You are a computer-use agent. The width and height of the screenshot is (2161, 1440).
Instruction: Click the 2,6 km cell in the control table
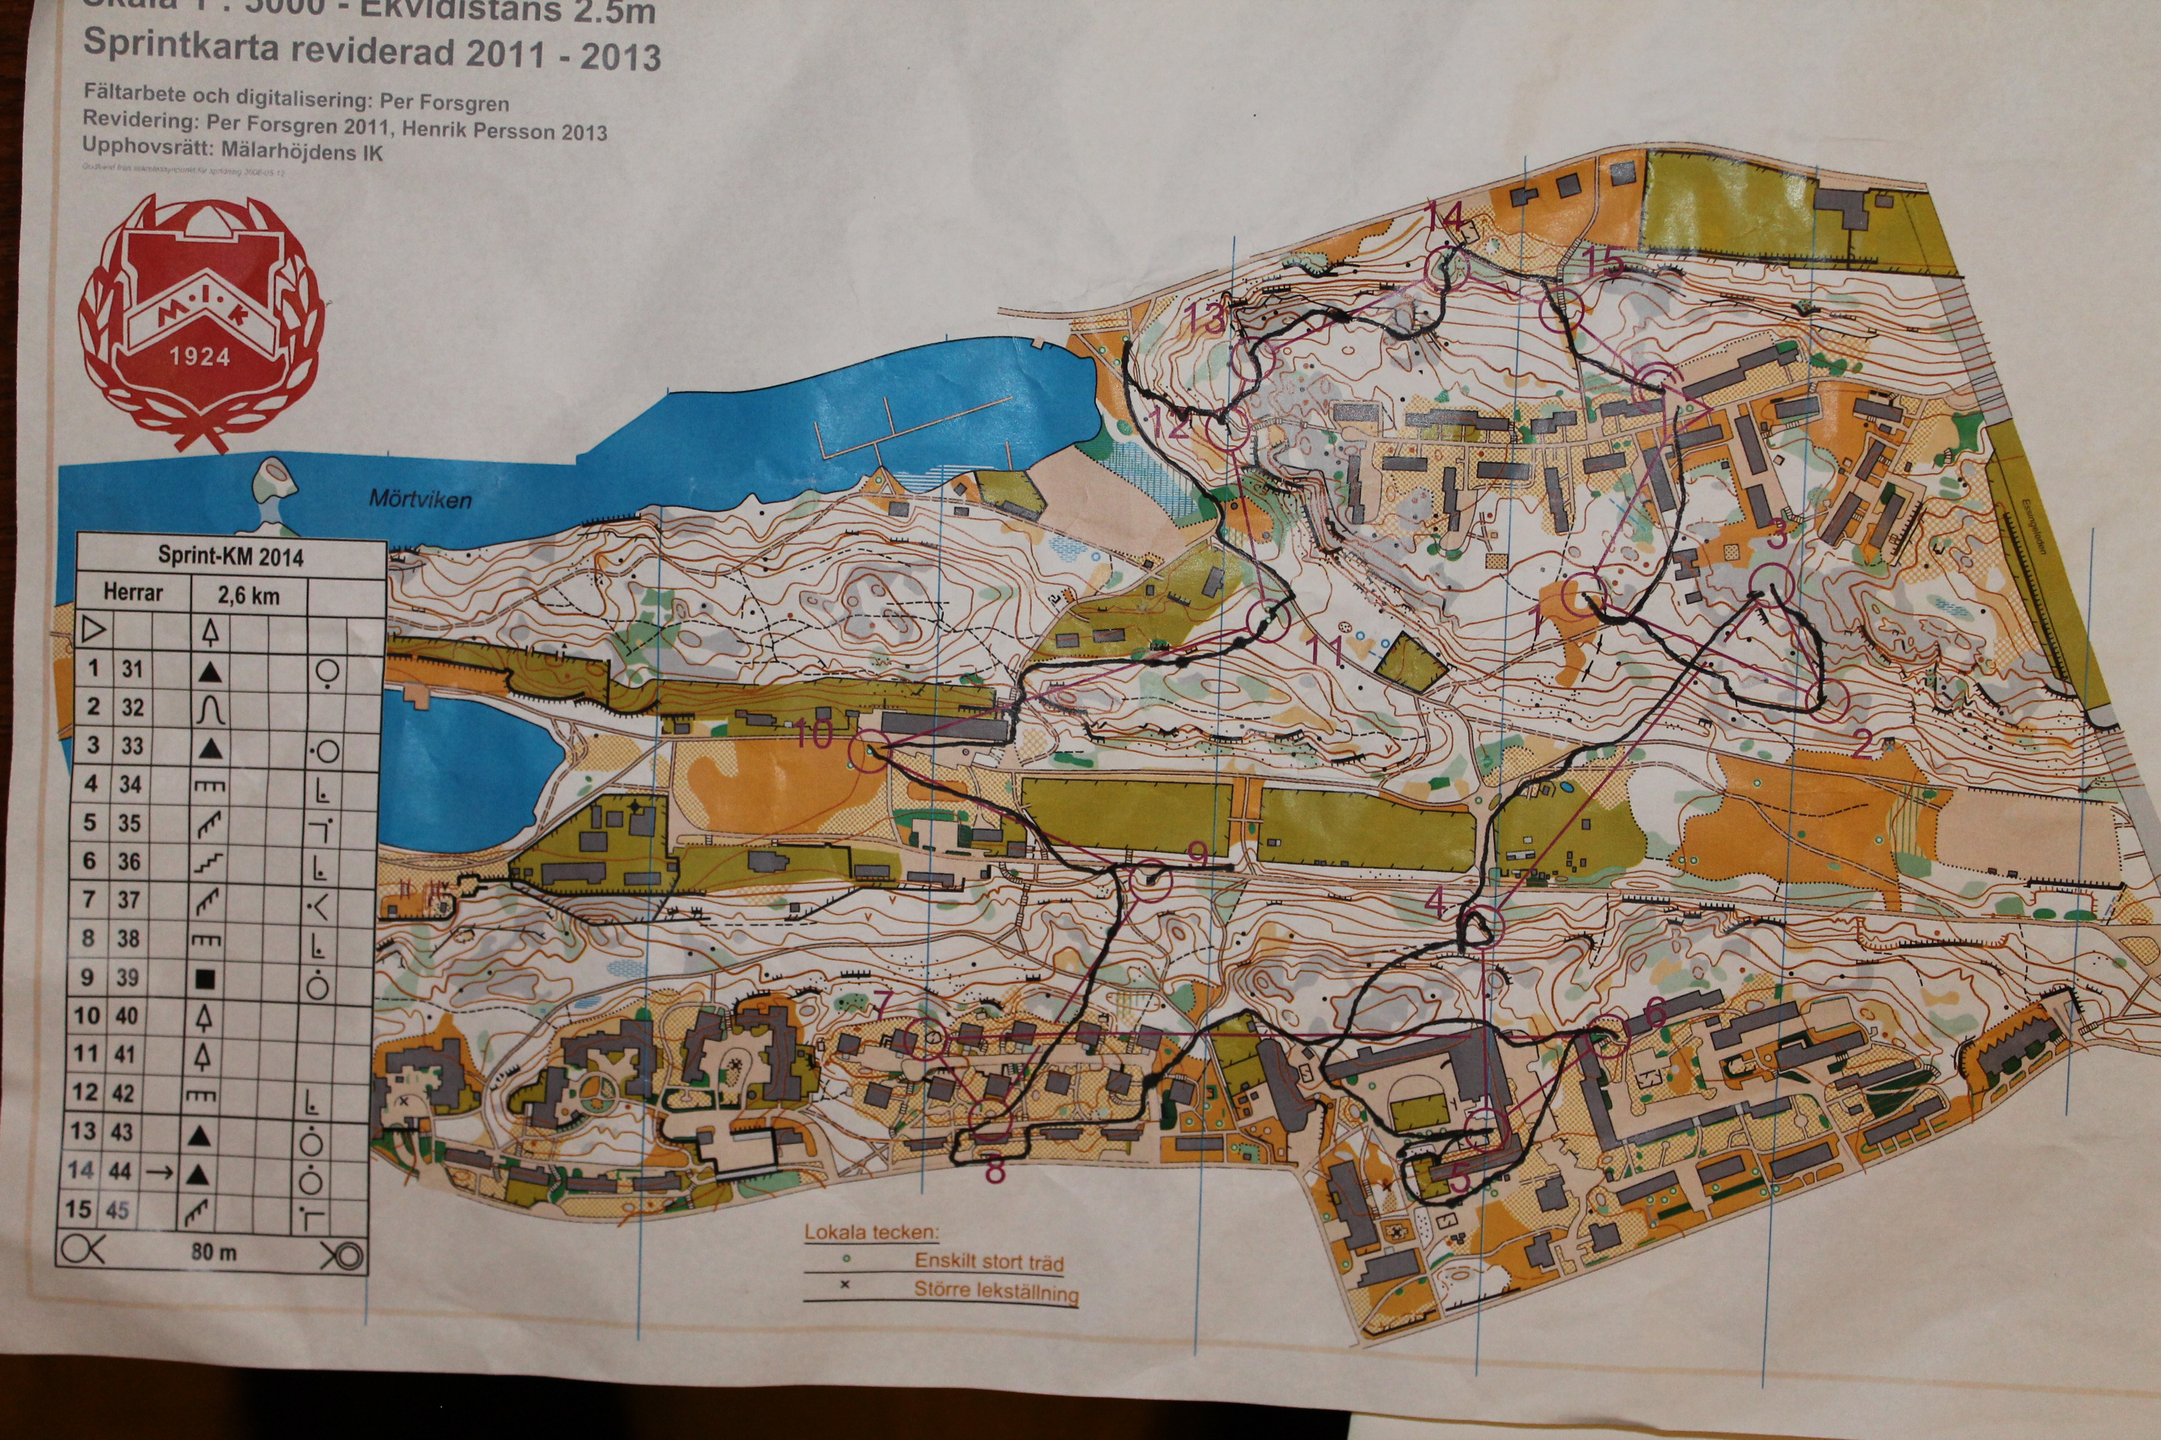248,595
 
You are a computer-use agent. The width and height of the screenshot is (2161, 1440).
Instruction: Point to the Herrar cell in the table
133,593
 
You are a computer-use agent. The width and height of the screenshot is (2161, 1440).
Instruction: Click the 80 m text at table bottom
213,1251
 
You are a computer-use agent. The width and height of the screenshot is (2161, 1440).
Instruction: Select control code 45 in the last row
117,1209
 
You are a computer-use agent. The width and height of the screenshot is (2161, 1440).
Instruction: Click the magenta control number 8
994,1170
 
